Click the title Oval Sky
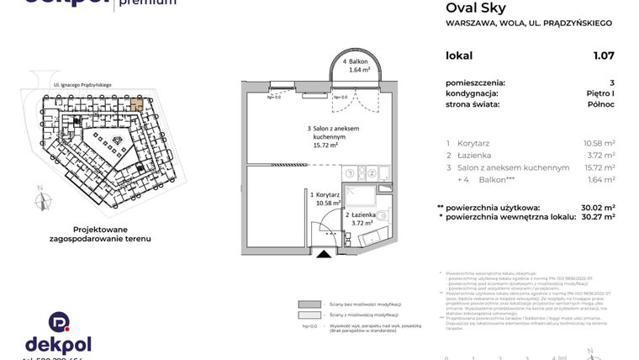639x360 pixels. (475, 8)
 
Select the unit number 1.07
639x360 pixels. (603, 56)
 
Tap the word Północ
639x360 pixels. (600, 104)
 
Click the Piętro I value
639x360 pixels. (600, 93)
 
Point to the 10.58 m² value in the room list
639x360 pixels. (599, 143)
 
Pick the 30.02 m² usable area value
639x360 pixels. (597, 207)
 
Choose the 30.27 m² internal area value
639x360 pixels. (597, 216)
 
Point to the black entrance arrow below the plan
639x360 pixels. (322, 253)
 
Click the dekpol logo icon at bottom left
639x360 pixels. (58, 322)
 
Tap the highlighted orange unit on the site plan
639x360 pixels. (137, 104)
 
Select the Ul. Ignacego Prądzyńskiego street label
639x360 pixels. (82, 85)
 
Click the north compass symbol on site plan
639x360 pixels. (38, 202)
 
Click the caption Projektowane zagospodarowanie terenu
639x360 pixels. (100, 234)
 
